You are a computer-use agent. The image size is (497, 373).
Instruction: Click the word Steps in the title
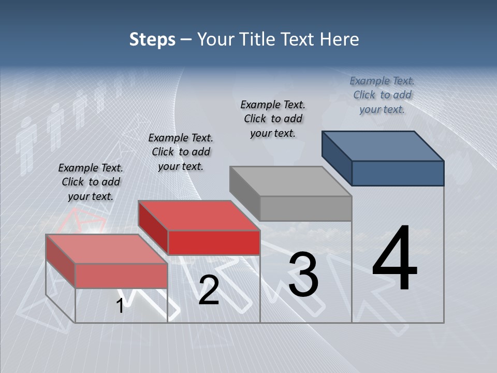tap(152, 39)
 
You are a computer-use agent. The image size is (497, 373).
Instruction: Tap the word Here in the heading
tap(340, 39)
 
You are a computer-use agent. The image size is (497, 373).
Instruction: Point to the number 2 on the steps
tap(209, 290)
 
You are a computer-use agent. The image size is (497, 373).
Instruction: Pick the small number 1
tap(120, 306)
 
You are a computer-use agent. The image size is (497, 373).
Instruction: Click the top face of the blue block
tap(383, 146)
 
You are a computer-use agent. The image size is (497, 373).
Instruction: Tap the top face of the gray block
tap(290, 181)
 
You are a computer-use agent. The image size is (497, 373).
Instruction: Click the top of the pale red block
tap(107, 249)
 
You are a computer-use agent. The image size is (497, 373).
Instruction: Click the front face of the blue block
tap(398, 173)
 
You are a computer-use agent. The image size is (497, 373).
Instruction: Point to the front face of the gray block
tap(305, 209)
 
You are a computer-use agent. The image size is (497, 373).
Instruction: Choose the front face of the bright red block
tap(214, 242)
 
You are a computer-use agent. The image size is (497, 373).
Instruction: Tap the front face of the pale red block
tap(121, 276)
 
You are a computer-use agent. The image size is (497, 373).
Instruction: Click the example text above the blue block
tap(382, 95)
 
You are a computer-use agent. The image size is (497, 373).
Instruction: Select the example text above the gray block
tap(273, 119)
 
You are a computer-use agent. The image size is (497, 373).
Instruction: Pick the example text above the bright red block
tap(181, 152)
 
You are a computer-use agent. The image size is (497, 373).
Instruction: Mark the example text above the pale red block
tap(91, 182)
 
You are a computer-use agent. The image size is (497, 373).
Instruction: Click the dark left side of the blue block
tap(337, 158)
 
